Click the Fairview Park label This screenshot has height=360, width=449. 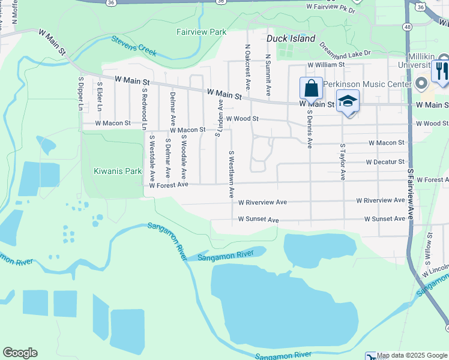click(201, 31)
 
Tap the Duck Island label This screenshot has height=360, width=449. click(291, 39)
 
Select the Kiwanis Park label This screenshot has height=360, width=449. click(118, 171)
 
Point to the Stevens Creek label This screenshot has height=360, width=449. click(134, 46)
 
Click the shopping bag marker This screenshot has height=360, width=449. click(312, 89)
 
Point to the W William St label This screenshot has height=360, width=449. click(326, 65)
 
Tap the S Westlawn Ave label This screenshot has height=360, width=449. click(231, 174)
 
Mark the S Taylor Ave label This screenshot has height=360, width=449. click(342, 161)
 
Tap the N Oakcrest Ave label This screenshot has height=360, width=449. click(247, 66)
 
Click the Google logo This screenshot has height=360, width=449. click(20, 353)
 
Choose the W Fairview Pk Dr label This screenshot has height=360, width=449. click(331, 8)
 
